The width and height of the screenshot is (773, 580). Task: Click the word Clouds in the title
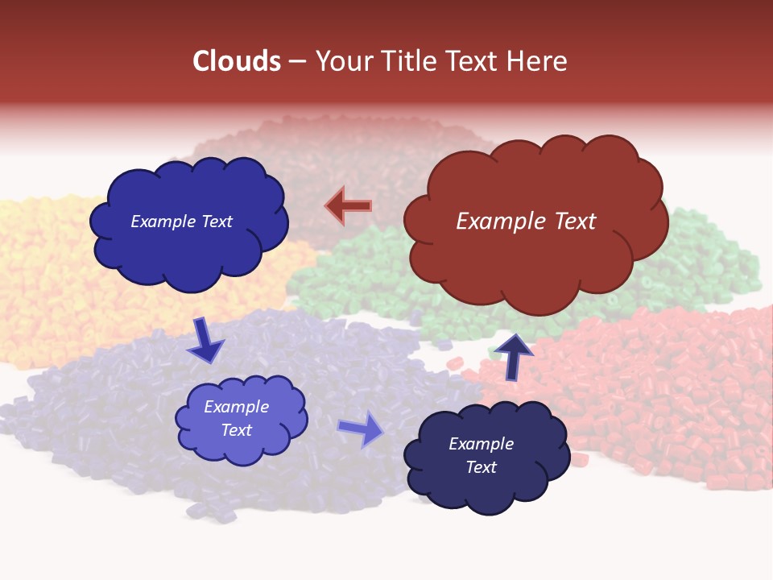tap(237, 61)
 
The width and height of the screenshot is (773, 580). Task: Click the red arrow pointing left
tap(349, 206)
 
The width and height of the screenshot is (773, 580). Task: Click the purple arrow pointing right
tap(362, 429)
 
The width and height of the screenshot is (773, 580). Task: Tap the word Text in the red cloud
tap(570, 222)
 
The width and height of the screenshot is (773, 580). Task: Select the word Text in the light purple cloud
tap(237, 430)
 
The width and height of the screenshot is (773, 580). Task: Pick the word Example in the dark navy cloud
tap(481, 444)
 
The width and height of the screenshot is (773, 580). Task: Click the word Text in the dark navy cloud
tap(481, 467)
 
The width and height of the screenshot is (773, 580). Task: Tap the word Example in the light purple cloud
tap(237, 407)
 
